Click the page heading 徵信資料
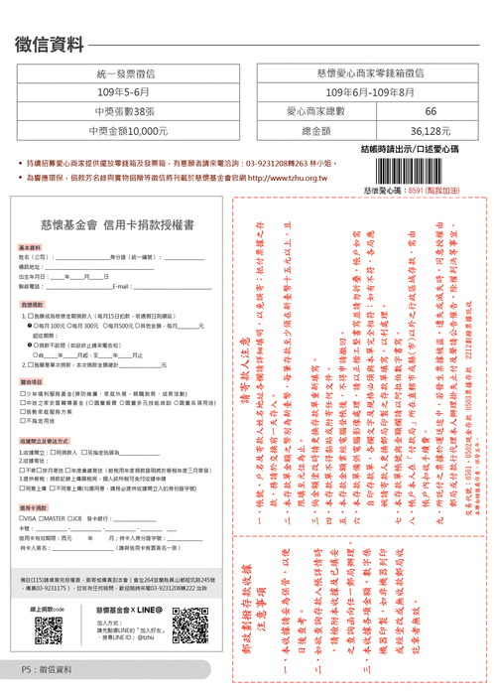pos(50,44)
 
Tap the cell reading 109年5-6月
pos(126,92)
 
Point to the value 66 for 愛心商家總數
pos(430,111)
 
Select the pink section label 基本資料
pos(30,247)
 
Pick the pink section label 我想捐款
pos(30,304)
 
